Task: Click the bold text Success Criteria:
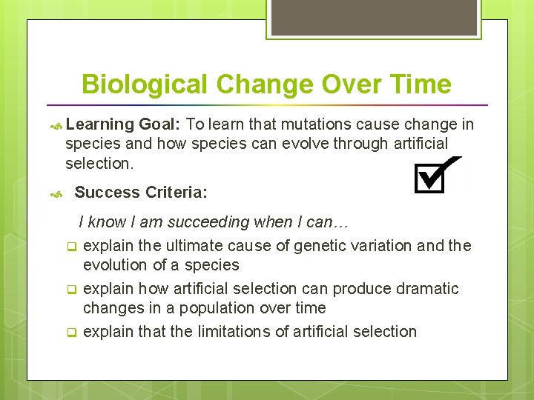(x=141, y=193)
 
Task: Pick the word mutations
(x=280, y=124)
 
